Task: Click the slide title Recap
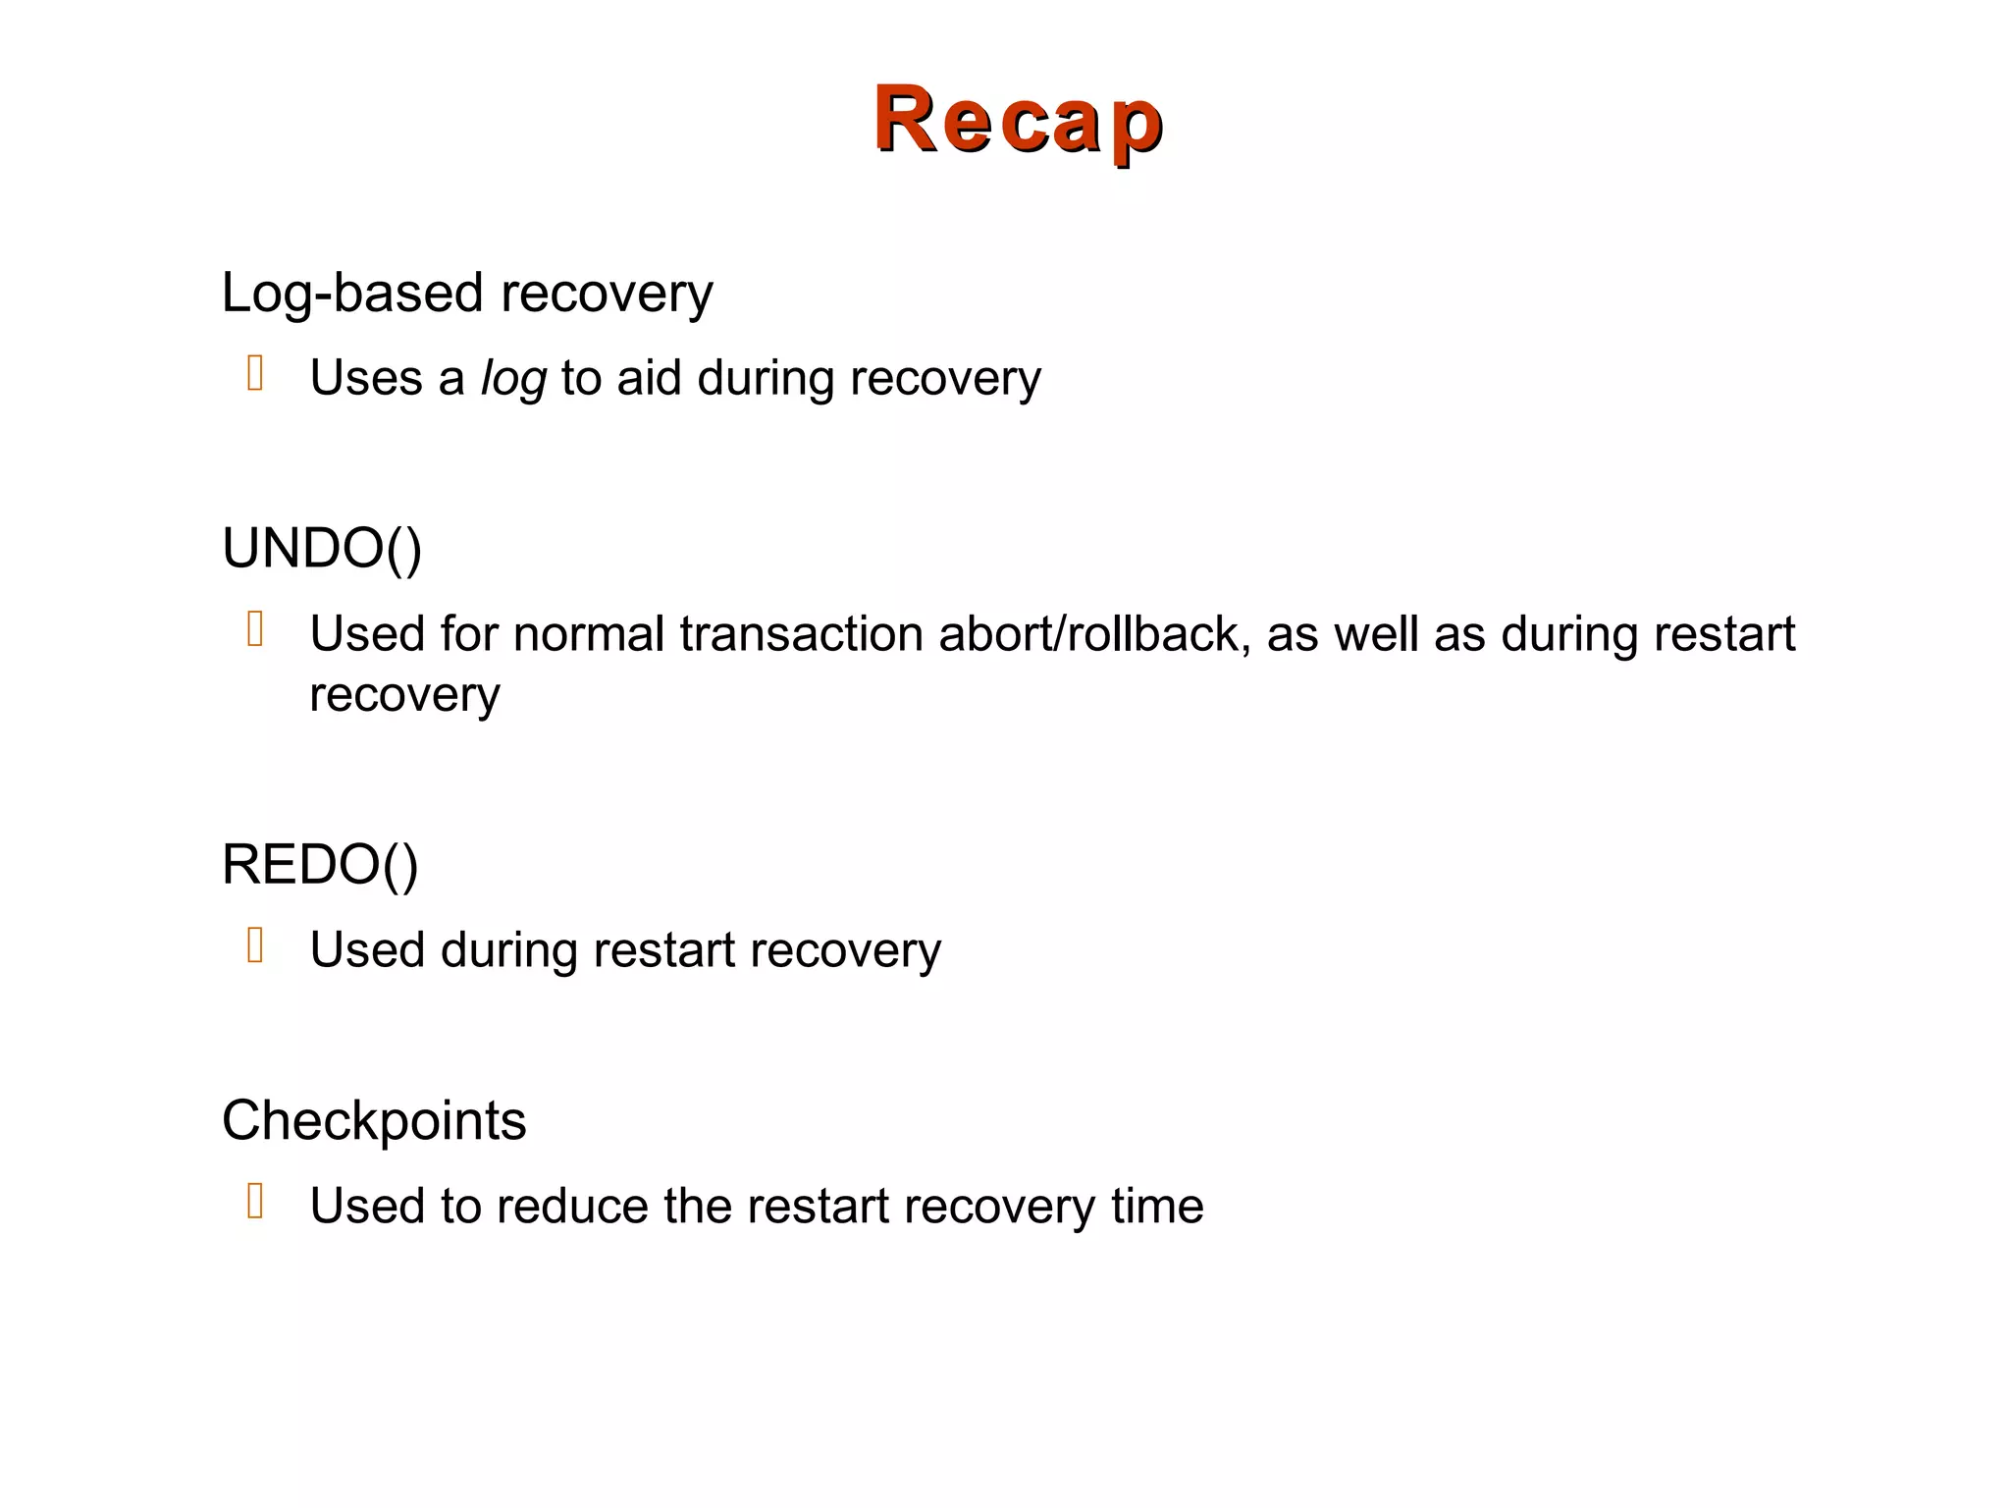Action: (x=1018, y=120)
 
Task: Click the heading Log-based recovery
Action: (x=467, y=293)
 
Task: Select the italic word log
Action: (x=513, y=379)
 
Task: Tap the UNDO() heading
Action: (x=322, y=548)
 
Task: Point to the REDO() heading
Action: (x=320, y=865)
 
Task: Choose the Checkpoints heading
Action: (x=374, y=1120)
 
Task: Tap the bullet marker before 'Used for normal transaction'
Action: (x=255, y=629)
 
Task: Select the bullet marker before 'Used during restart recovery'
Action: (x=255, y=945)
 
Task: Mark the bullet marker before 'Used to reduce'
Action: (x=255, y=1201)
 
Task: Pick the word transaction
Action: (x=801, y=634)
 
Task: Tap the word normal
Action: (x=589, y=634)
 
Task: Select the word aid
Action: (x=649, y=378)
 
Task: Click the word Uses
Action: (x=366, y=378)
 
